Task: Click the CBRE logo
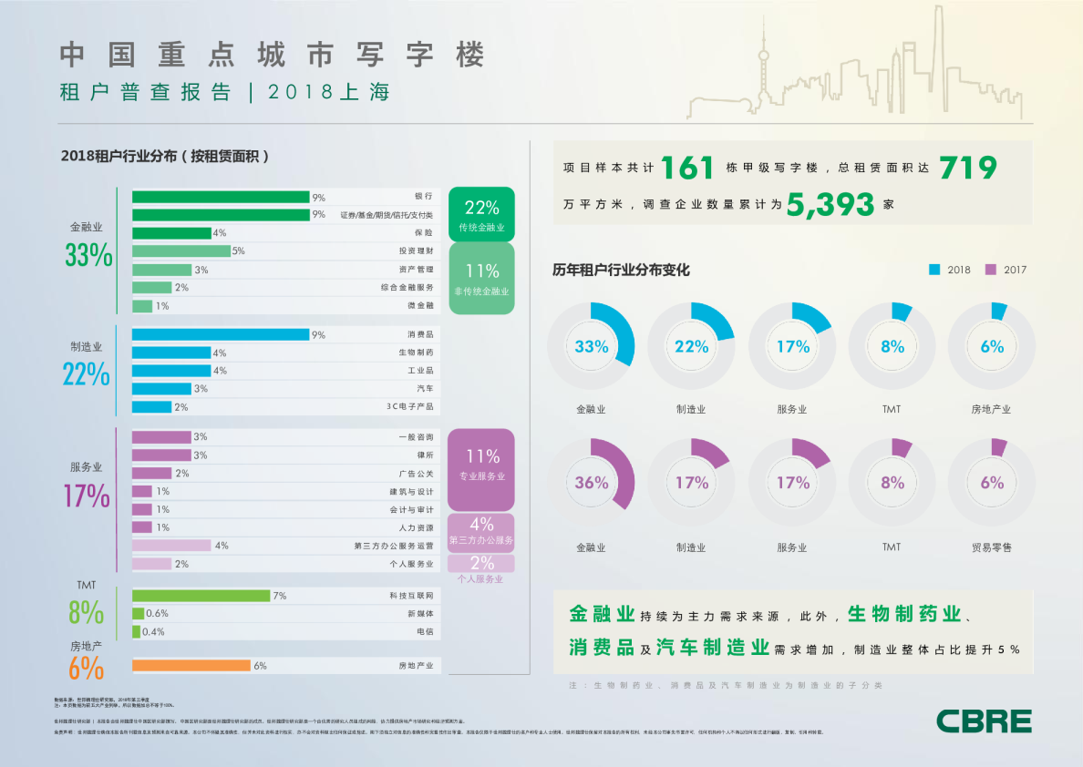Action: click(x=984, y=721)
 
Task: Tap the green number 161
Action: click(x=687, y=168)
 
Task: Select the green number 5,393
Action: click(x=830, y=205)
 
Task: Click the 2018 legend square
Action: click(x=934, y=270)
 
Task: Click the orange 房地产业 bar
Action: click(x=191, y=666)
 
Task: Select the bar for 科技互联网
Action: click(x=201, y=596)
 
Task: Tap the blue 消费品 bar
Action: click(x=221, y=334)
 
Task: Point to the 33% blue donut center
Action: click(x=591, y=346)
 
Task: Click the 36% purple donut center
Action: click(x=591, y=483)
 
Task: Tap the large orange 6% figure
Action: click(x=86, y=669)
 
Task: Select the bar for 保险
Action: click(x=171, y=233)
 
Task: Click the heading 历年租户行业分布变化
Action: click(x=621, y=270)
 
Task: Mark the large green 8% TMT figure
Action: click(x=86, y=612)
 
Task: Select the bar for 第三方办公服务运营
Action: click(x=171, y=546)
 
